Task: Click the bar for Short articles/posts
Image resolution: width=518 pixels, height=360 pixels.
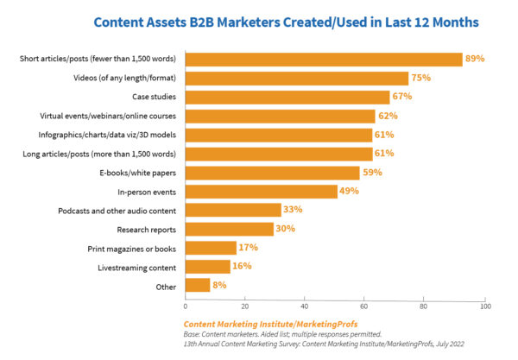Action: [324, 60]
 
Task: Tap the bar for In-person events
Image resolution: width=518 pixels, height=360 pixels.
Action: [262, 191]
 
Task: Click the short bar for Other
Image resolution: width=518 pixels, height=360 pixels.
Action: [198, 285]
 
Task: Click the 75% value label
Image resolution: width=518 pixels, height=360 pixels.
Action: [421, 78]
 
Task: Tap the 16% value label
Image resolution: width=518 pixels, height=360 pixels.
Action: [241, 266]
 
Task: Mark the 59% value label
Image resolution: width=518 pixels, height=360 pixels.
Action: [372, 172]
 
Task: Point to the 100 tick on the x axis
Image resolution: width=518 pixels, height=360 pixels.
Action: [485, 306]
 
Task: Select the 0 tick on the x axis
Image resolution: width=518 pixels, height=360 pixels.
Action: [186, 306]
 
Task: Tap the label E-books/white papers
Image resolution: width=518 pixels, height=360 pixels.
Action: [137, 172]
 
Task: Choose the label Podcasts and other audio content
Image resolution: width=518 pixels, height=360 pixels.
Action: [117, 210]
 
